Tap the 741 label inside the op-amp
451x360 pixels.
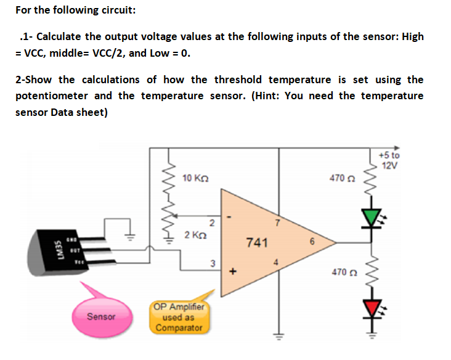(x=256, y=242)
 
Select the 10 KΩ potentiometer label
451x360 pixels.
(x=196, y=178)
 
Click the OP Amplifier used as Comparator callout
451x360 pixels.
(x=179, y=317)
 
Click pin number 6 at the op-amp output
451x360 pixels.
(x=312, y=242)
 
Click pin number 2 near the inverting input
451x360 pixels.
(x=211, y=222)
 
